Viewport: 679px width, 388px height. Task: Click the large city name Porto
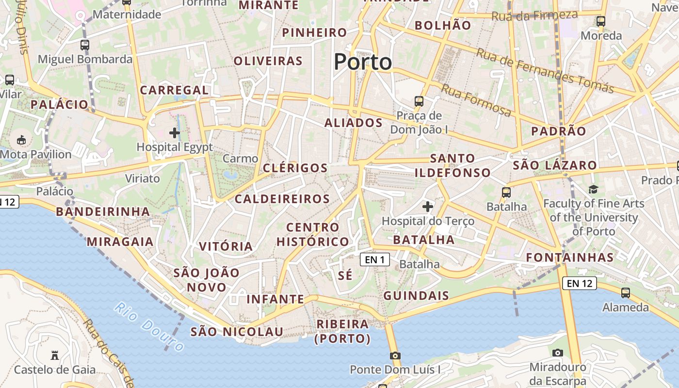[363, 62]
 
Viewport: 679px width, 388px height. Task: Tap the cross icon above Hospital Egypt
[175, 132]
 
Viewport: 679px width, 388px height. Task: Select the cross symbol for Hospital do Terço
[427, 207]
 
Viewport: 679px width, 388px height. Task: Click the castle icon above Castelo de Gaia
[55, 356]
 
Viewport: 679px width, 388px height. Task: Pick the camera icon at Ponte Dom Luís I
[395, 356]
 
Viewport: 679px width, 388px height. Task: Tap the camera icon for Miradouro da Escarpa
[558, 353]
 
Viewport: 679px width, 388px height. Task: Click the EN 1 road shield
[375, 260]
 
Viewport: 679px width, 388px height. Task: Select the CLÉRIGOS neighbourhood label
[295, 168]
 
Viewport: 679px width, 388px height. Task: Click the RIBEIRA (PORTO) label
[342, 331]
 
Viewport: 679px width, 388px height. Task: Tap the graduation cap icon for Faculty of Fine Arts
[593, 189]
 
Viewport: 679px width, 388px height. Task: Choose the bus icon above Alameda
[626, 293]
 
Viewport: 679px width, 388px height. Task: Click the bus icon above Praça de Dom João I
[419, 101]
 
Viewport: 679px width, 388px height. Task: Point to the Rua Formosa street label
[476, 100]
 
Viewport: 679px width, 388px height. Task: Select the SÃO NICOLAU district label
[237, 332]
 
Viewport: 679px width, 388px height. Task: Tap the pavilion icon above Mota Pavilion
[21, 141]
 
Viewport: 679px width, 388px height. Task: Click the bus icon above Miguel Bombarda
[85, 45]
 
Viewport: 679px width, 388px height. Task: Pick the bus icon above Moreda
[601, 21]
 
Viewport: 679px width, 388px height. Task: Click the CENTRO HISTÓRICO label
[313, 234]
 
